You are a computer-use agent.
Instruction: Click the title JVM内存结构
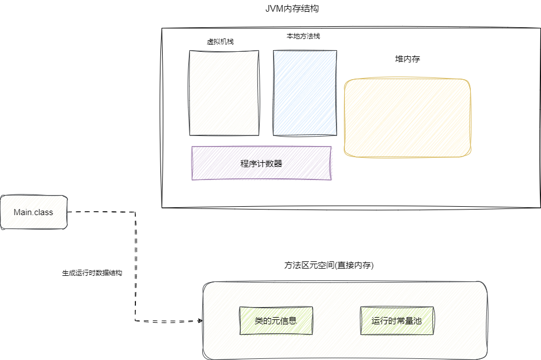point(293,9)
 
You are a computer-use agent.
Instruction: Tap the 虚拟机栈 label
point(220,41)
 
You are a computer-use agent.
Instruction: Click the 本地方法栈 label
point(303,36)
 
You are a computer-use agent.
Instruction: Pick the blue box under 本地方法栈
point(305,93)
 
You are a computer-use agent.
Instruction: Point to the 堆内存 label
point(403,59)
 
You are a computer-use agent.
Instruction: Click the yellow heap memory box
point(407,118)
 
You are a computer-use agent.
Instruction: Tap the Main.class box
point(33,212)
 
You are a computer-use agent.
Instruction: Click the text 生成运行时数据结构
point(92,274)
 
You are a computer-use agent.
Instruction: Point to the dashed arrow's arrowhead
point(199,321)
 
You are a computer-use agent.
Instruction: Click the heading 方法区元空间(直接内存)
point(329,266)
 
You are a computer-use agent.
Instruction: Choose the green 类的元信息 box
point(276,321)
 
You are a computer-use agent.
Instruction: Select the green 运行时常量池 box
point(397,321)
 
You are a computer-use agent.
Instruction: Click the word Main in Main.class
point(23,212)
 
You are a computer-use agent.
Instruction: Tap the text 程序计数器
point(261,163)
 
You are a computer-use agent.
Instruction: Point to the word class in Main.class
point(43,212)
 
